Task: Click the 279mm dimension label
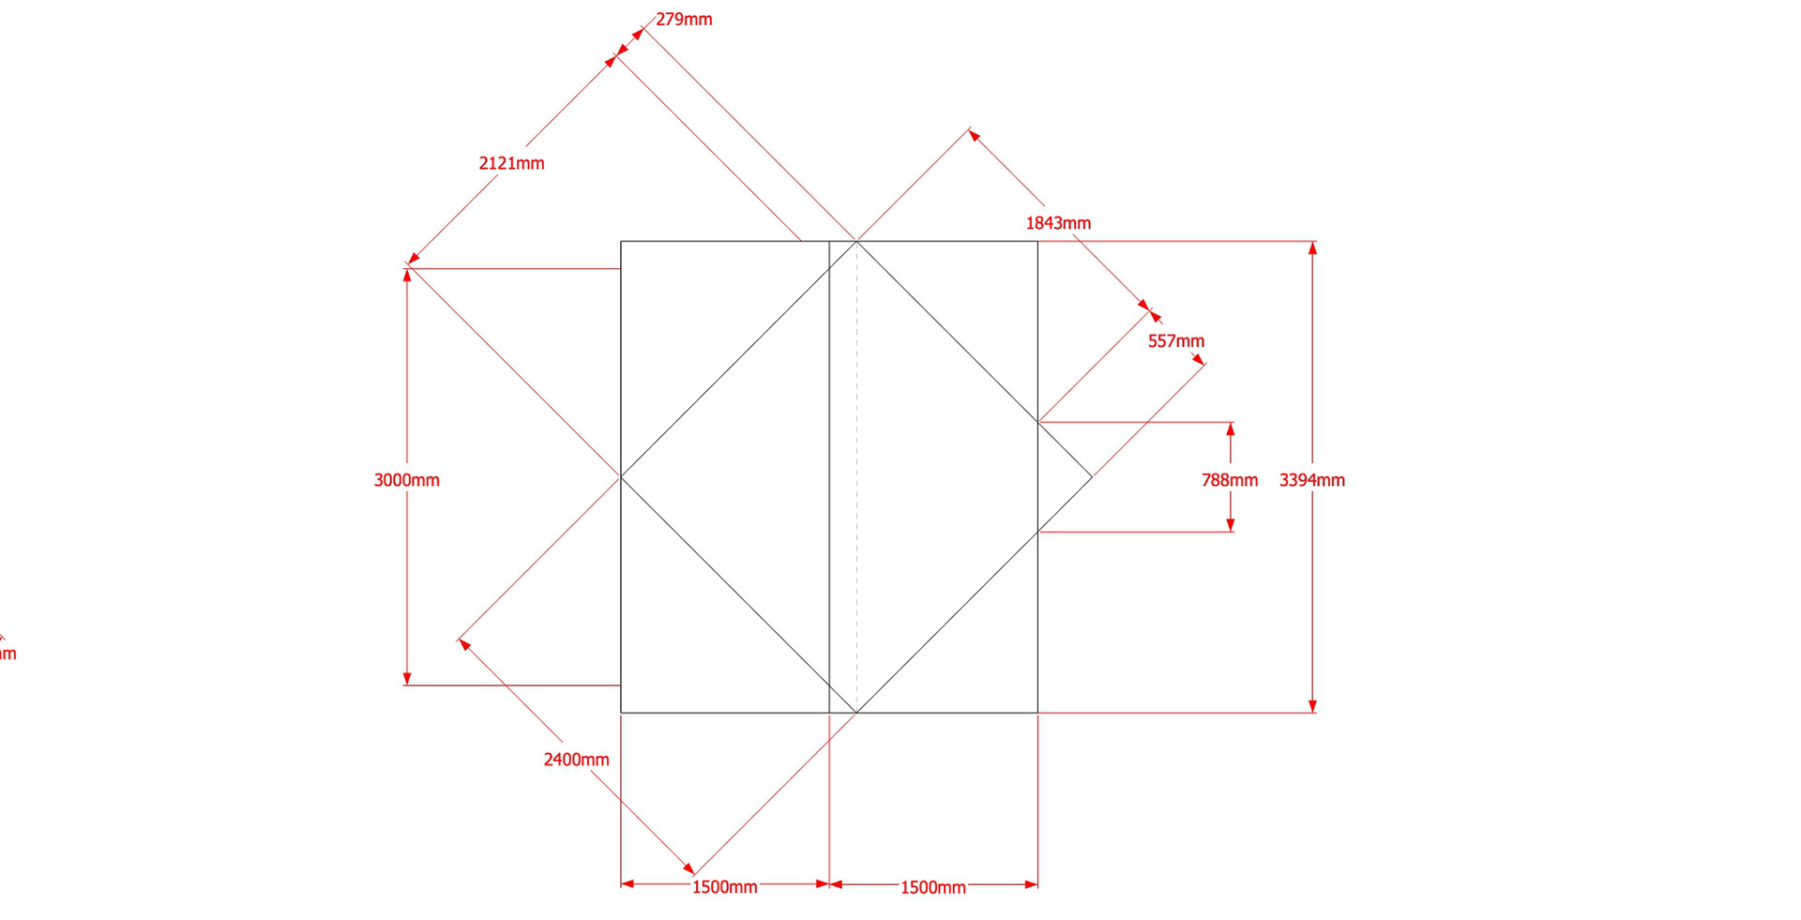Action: pos(684,20)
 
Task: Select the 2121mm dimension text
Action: pos(511,163)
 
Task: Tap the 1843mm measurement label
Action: pos(1058,223)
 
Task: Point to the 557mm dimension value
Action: pos(1175,341)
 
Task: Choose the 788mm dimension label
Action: pos(1229,480)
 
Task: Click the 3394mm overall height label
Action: pos(1311,480)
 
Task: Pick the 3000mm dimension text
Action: pos(406,480)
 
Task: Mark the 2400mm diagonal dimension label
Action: pos(576,760)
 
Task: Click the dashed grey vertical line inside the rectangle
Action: pos(856,469)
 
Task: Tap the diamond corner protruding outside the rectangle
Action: pos(1091,477)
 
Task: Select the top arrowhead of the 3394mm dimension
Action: pos(1312,248)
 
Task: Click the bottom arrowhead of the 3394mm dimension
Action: pos(1312,706)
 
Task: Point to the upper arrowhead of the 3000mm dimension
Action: pos(407,276)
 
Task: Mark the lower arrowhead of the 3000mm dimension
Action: pos(407,678)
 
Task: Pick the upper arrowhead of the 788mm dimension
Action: pos(1231,430)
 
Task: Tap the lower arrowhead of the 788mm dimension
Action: pos(1231,525)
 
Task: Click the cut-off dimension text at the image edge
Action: pos(8,654)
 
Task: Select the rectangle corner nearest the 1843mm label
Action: pos(1037,242)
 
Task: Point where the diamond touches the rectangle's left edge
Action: pos(621,477)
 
